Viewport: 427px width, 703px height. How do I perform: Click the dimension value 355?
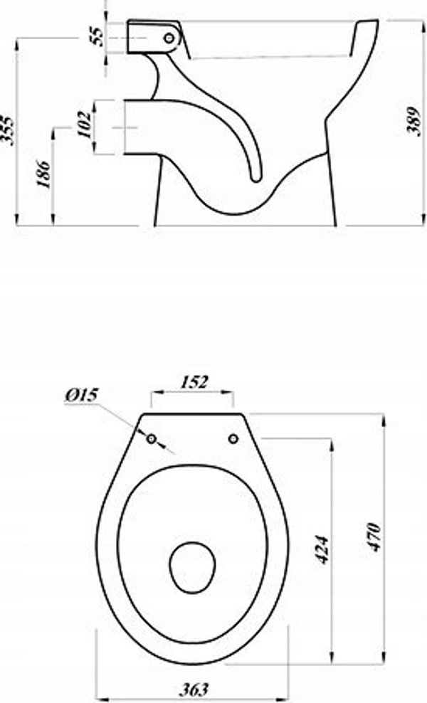pos(6,130)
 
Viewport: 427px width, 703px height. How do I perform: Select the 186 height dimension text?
pos(43,173)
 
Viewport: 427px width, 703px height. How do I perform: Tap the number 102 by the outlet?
pos(83,123)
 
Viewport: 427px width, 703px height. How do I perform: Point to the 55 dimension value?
pos(97,37)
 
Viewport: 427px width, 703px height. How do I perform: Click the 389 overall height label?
pos(413,120)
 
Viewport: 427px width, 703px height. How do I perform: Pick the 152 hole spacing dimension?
pos(194,382)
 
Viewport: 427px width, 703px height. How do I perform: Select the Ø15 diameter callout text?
pos(81,396)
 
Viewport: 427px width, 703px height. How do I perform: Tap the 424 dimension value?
pos(323,549)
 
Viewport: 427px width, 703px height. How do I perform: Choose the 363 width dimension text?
pos(194,689)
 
